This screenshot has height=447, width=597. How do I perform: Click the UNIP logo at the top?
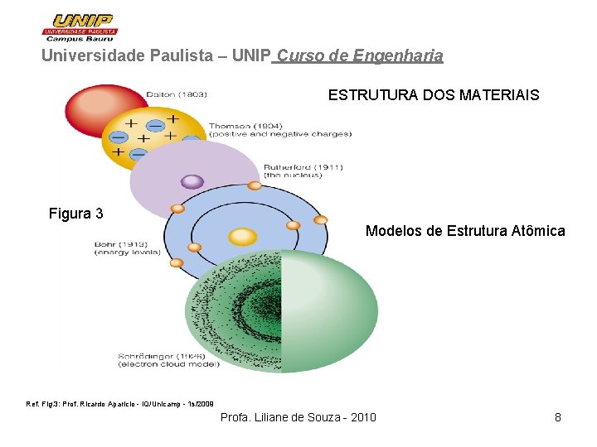point(80,26)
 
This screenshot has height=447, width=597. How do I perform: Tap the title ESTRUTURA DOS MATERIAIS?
point(433,95)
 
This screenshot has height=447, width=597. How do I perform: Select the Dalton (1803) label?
point(177,94)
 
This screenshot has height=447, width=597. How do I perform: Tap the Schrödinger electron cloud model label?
point(168,359)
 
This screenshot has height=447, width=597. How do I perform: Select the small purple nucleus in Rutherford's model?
point(192,181)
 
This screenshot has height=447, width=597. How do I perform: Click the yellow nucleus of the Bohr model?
point(243,237)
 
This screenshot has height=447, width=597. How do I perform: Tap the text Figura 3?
point(76,214)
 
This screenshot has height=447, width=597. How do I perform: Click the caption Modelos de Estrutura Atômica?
point(465,231)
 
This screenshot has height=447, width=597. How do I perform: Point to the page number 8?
point(558,417)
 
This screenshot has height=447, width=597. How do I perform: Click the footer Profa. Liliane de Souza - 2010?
point(298,417)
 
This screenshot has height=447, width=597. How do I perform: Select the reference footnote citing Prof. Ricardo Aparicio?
point(120,404)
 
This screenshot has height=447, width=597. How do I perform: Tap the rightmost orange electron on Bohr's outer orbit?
point(321,220)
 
